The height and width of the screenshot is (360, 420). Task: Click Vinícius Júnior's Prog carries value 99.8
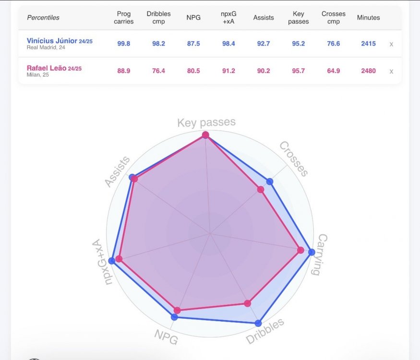pyautogui.click(x=123, y=43)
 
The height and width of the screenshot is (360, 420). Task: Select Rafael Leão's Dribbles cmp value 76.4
pyautogui.click(x=158, y=71)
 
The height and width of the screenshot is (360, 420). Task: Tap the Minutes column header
pyautogui.click(x=368, y=17)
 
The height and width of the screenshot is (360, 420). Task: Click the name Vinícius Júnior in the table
pyautogui.click(x=52, y=41)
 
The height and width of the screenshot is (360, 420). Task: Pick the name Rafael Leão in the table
pyautogui.click(x=47, y=68)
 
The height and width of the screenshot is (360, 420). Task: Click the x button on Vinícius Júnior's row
pyautogui.click(x=391, y=44)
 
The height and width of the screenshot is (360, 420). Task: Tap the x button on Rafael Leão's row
pyautogui.click(x=391, y=72)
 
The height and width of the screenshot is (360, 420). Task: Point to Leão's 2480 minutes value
pyautogui.click(x=368, y=71)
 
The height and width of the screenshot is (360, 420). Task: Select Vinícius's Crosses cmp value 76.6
pyautogui.click(x=334, y=43)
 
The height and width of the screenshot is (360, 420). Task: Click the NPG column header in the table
pyautogui.click(x=193, y=17)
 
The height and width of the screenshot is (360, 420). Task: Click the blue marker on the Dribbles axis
pyautogui.click(x=258, y=323)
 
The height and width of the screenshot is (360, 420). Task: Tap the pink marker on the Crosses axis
pyautogui.click(x=261, y=190)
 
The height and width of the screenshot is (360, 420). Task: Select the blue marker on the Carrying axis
pyautogui.click(x=312, y=252)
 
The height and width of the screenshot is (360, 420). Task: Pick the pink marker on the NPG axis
pyautogui.click(x=177, y=311)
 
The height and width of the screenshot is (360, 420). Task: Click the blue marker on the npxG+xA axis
pyautogui.click(x=112, y=261)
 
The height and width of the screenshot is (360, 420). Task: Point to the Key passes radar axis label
pyautogui.click(x=206, y=122)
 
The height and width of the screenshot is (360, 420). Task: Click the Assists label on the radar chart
pyautogui.click(x=117, y=171)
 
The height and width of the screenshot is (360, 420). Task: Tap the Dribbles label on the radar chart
pyautogui.click(x=264, y=331)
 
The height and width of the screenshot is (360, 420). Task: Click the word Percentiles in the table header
pyautogui.click(x=43, y=17)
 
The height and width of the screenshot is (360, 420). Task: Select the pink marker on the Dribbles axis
pyautogui.click(x=248, y=303)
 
